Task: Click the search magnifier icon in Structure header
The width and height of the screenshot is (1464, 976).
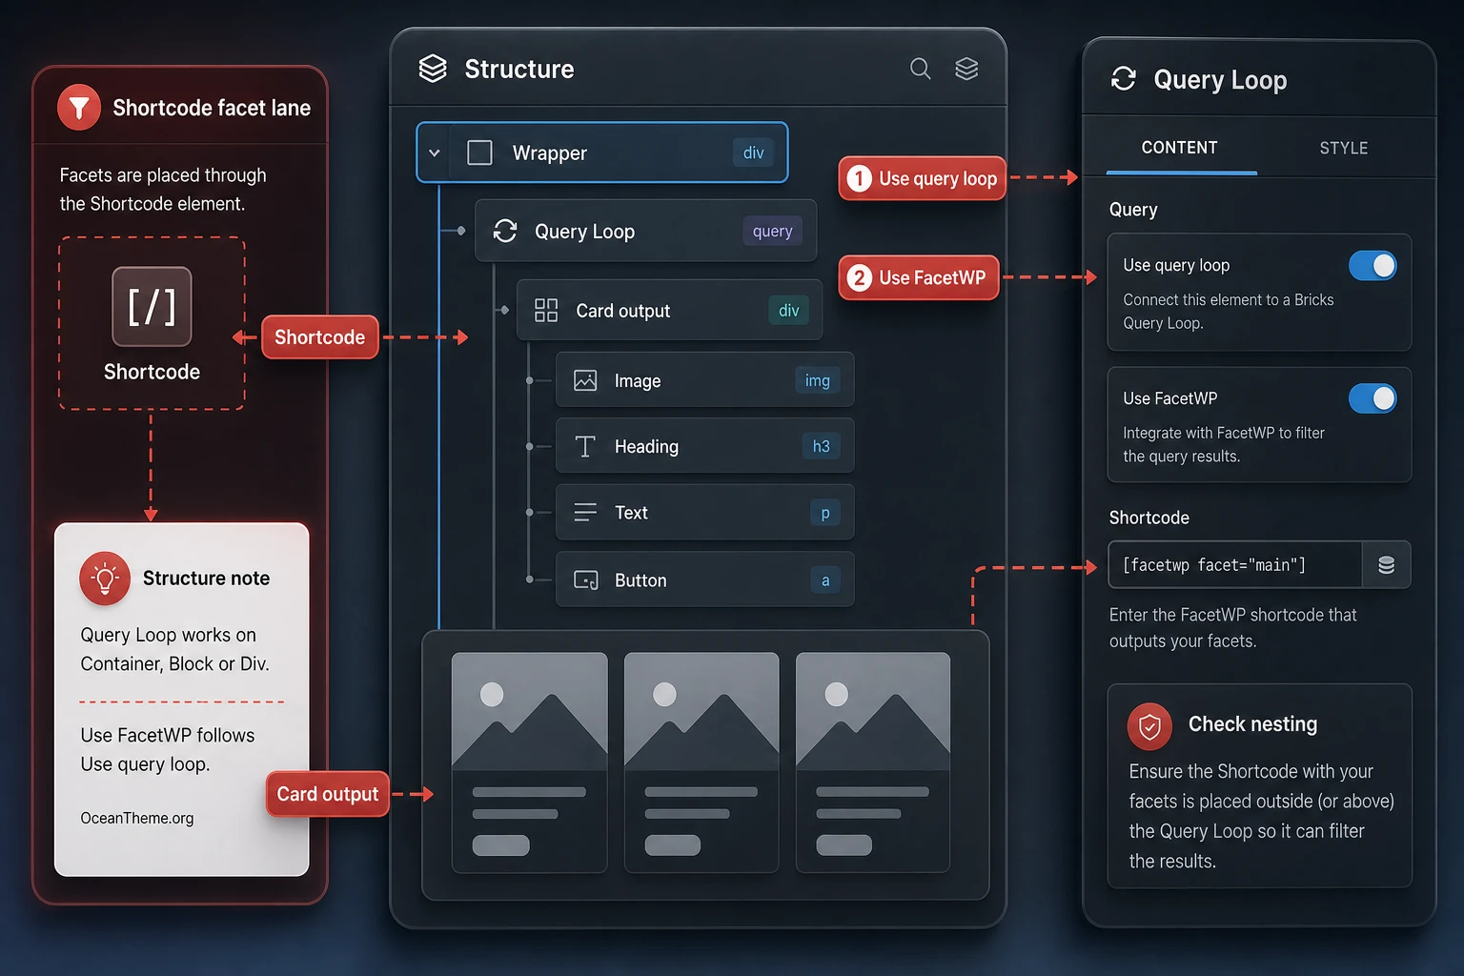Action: coord(920,69)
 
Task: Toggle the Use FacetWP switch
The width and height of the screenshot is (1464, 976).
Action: coord(1372,398)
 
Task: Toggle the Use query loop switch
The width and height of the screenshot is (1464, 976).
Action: coord(1372,265)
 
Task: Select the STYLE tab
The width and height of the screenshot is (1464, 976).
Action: coord(1343,148)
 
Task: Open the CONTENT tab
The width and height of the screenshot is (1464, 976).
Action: coord(1179,148)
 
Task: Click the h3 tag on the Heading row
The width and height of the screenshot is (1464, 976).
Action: coord(821,446)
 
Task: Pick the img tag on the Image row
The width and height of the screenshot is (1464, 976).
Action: coord(817,380)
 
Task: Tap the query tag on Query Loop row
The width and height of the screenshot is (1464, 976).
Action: coord(773,231)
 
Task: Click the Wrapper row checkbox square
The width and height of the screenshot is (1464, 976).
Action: coord(479,152)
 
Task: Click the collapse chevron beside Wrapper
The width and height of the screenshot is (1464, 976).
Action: coord(434,153)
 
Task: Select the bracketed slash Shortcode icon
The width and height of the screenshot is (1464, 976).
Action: coord(152,307)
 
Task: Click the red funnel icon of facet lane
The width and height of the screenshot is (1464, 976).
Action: coord(79,107)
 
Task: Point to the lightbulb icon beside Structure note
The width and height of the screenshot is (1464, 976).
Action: coord(105,579)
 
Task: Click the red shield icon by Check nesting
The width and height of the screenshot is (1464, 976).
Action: coord(1149,726)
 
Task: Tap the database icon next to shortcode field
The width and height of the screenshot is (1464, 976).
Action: coord(1386,565)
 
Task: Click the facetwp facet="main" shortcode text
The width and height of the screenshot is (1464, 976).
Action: coord(1213,565)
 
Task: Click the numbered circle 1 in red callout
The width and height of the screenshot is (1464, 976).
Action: coord(860,178)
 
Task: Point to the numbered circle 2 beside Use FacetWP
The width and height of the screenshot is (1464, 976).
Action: coord(860,277)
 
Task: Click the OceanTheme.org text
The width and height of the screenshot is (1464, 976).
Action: coord(137,818)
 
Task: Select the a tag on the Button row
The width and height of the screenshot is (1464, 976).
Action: coord(825,580)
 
